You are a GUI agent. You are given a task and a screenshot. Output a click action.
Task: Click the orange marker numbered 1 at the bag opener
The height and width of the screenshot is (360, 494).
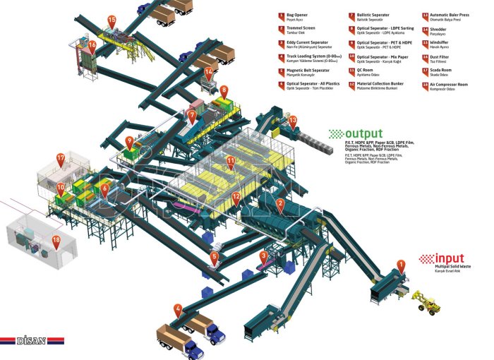point(402,266)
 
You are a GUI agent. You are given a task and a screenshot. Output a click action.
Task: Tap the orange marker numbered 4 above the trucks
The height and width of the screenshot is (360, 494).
point(178,308)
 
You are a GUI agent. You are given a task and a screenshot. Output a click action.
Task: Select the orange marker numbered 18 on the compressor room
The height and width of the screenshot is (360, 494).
point(56,240)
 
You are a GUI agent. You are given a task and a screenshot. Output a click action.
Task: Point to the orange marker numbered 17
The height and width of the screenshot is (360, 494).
point(61,160)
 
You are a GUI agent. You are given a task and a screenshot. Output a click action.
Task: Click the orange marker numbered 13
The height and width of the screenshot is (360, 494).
point(293,120)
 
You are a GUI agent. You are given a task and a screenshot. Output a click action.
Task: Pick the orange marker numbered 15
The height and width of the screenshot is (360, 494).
point(112,21)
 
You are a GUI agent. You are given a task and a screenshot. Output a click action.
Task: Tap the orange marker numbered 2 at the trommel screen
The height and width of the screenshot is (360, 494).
point(280,205)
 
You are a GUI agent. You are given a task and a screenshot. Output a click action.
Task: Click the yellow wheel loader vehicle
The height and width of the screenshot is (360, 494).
point(427,302)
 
